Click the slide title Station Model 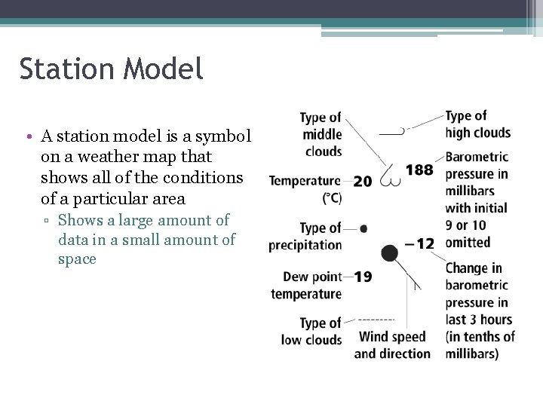click(112, 69)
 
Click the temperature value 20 click(362, 181)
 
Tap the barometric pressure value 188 click(419, 170)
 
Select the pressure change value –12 click(420, 243)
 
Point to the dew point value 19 click(363, 277)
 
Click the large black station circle click(389, 253)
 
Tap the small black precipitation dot click(364, 228)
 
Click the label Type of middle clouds click(321, 134)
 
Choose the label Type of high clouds click(477, 124)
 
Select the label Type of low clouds click(312, 332)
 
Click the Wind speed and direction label click(392, 345)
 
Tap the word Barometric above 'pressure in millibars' click(477, 158)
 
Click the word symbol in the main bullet click(226, 137)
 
